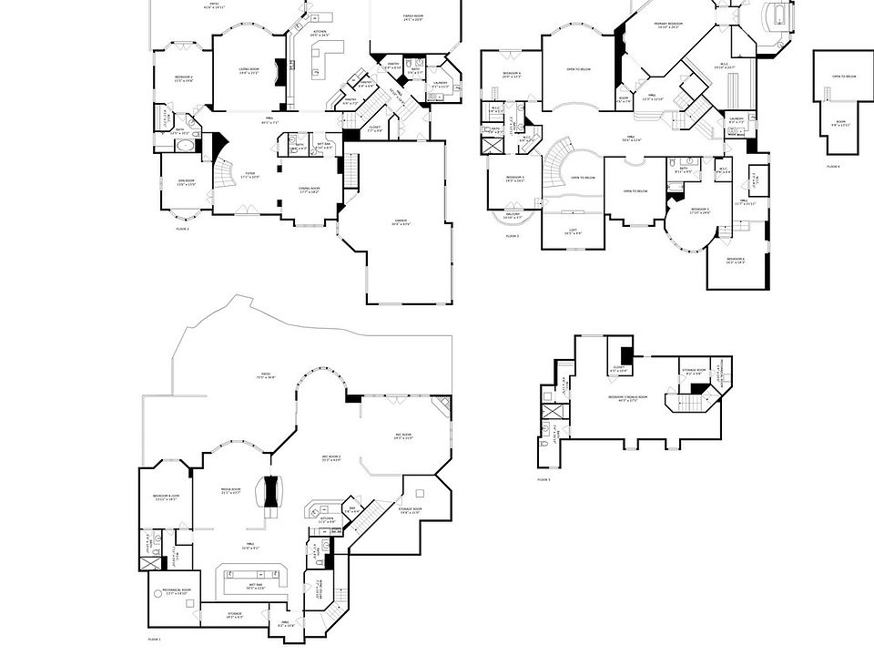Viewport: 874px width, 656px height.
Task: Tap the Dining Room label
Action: point(310,190)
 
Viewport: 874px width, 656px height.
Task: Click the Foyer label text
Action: point(250,177)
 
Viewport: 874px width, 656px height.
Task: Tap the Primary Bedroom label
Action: point(668,25)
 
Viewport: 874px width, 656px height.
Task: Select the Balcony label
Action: point(513,215)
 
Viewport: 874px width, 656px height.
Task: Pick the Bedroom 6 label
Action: point(736,261)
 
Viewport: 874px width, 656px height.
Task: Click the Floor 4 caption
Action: point(832,166)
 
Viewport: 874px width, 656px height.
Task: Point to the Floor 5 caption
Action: point(544,479)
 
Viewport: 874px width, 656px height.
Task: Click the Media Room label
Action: point(230,491)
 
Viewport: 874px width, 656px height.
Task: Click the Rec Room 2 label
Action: point(331,458)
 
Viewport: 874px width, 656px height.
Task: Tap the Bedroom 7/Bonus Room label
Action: point(628,398)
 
